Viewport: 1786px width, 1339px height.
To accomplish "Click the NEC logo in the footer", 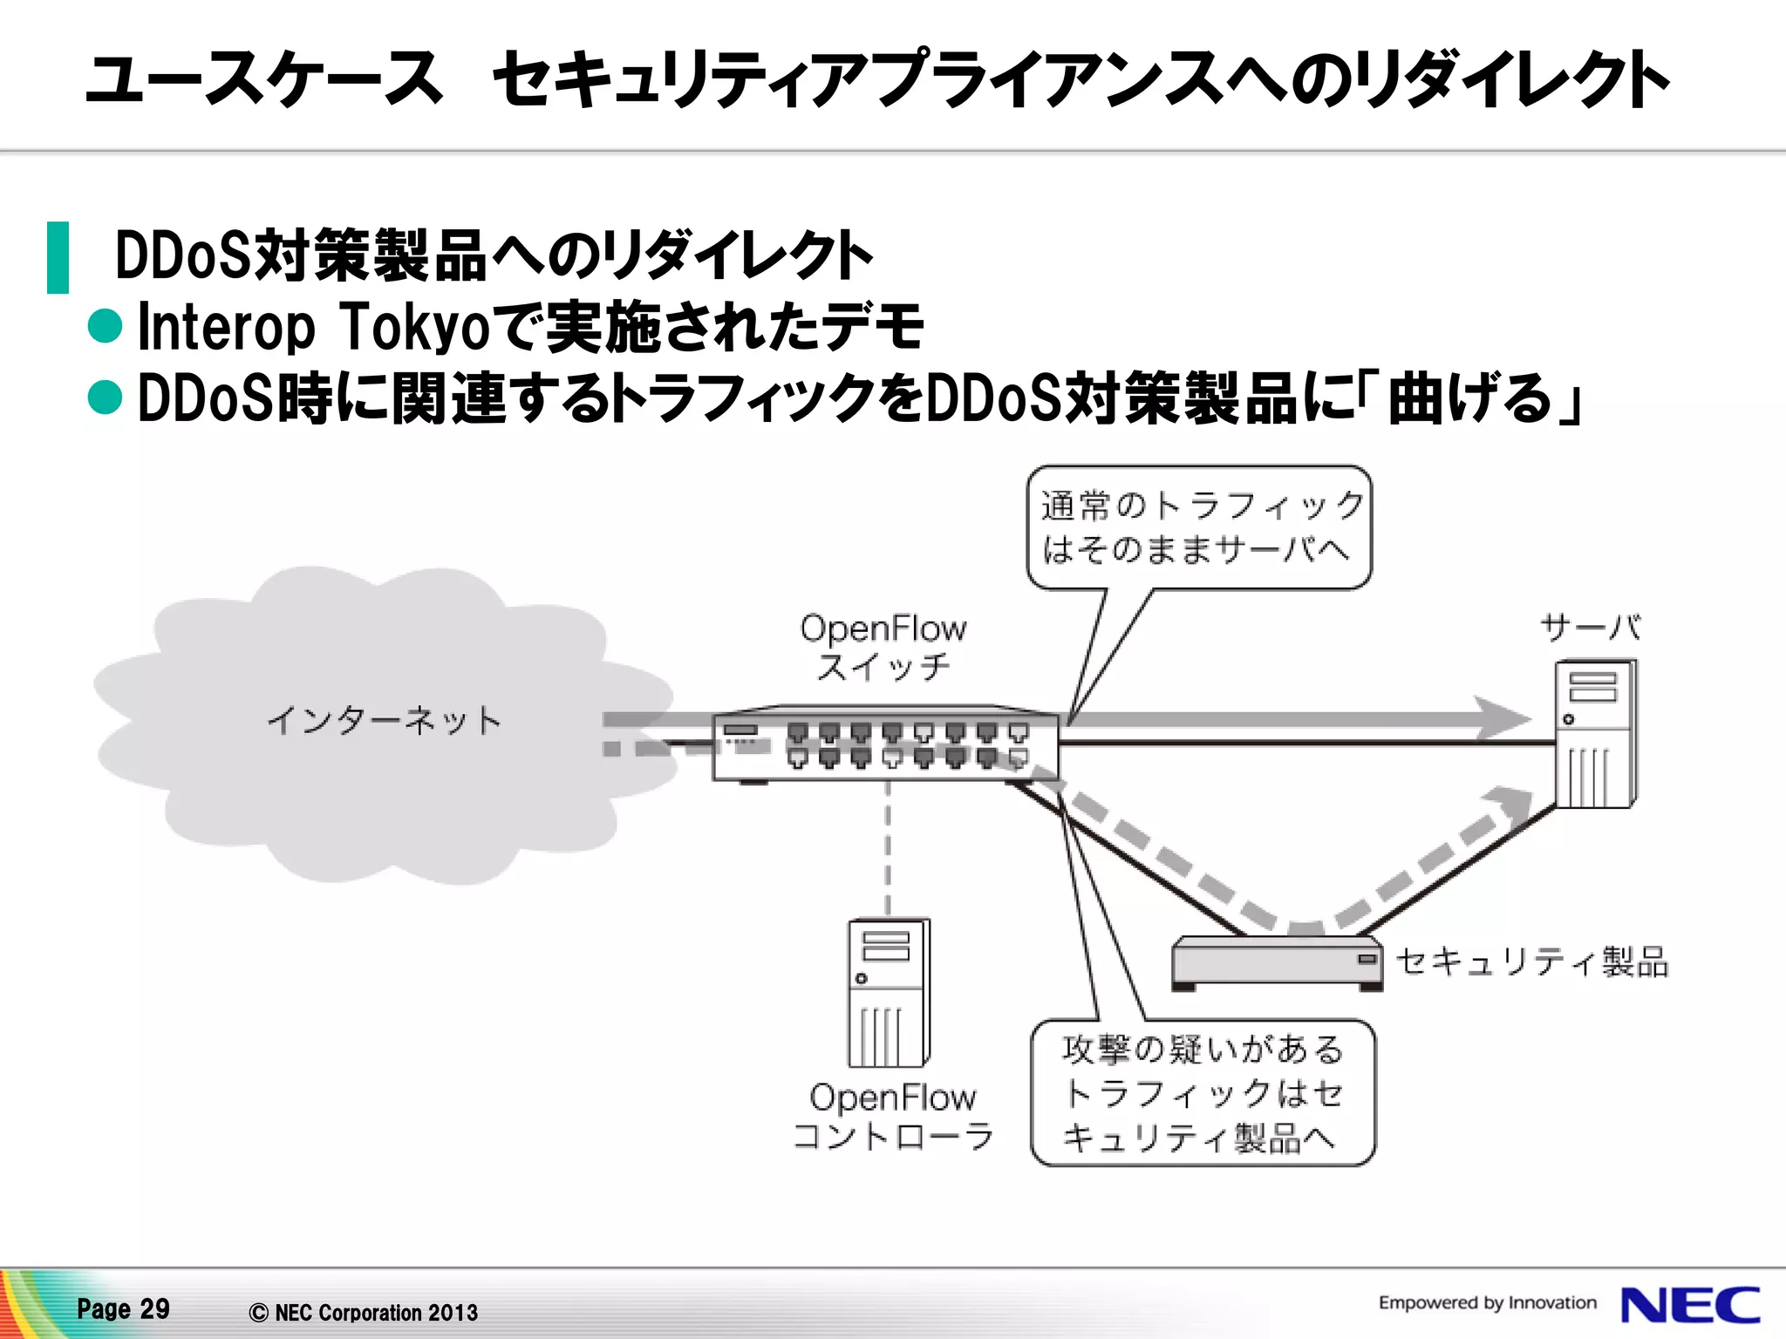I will (x=1689, y=1305).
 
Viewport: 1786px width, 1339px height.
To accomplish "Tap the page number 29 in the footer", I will (x=154, y=1308).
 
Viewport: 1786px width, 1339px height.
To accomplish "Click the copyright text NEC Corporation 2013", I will (x=364, y=1312).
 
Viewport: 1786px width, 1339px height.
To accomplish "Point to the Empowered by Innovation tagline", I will (x=1487, y=1302).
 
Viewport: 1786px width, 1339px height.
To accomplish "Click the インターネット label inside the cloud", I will (x=384, y=721).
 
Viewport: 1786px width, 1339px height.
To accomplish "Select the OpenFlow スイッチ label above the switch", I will (x=883, y=647).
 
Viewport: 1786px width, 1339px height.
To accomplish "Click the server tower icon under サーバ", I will (x=1596, y=734).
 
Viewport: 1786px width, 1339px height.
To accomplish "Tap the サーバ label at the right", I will (x=1590, y=627).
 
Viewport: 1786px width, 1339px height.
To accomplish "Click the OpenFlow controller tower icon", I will (x=889, y=992).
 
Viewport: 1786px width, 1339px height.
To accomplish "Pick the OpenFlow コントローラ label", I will (x=893, y=1117).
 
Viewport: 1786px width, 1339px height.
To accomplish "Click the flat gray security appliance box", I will (x=1277, y=962).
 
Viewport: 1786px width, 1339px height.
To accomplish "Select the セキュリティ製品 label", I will (x=1532, y=962).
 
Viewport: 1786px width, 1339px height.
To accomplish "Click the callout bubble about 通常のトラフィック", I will (x=1199, y=527).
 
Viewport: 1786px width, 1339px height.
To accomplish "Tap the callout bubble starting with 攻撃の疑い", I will (x=1203, y=1092).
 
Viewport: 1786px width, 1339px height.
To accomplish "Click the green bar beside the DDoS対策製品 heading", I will (x=58, y=257).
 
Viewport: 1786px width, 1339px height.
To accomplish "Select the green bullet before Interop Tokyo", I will (x=106, y=326).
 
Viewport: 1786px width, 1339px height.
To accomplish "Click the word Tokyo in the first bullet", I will (x=413, y=327).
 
